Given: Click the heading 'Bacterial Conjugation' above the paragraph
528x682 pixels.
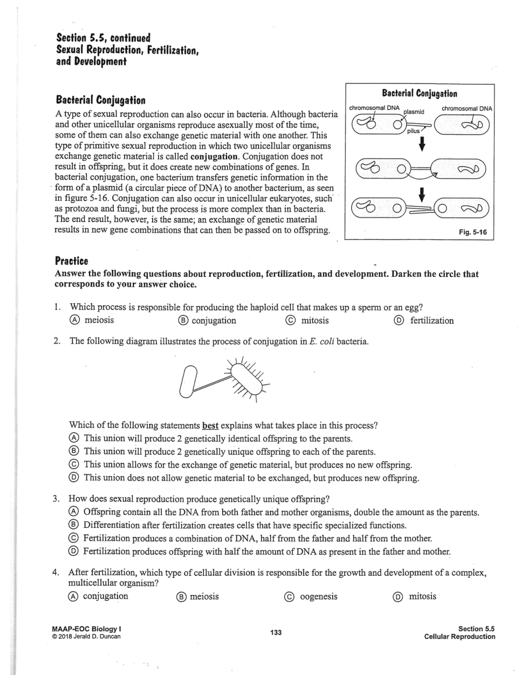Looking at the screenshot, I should (100, 100).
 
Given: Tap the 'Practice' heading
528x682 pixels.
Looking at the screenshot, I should (71, 261).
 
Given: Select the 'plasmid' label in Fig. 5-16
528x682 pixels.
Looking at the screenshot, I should (414, 112).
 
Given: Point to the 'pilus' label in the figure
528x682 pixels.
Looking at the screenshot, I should (413, 131).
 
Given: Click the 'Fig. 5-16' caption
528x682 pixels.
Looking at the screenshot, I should (472, 232).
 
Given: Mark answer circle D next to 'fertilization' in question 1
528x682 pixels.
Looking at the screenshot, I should (399, 321).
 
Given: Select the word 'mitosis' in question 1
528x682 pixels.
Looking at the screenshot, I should (315, 321).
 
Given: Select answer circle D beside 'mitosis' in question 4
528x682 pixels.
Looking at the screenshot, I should (399, 597).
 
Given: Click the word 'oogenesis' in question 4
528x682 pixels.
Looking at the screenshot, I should (318, 596).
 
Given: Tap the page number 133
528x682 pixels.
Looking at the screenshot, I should (276, 632).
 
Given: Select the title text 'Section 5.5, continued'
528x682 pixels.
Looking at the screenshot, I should (103, 38).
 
